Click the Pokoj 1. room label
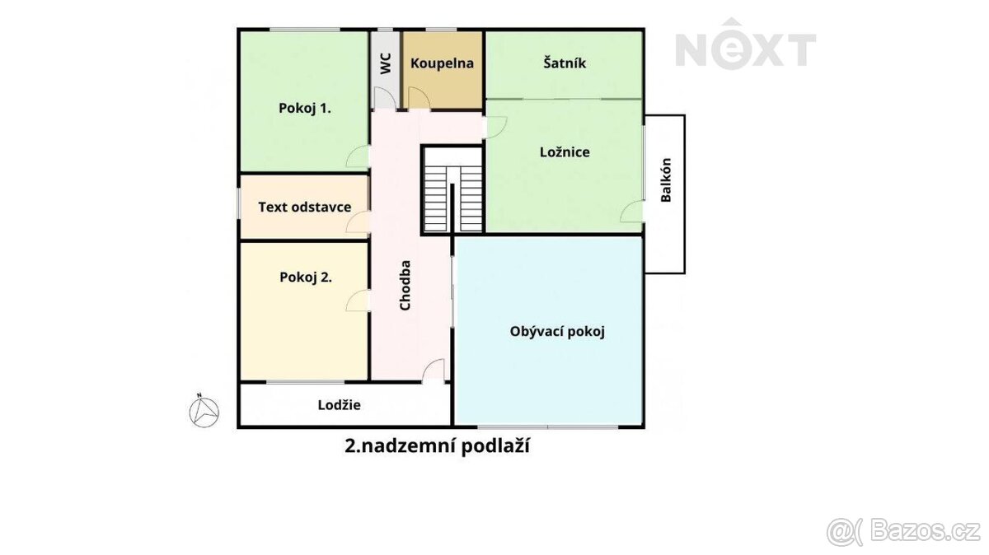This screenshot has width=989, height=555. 305,108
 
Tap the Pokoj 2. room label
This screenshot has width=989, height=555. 306,277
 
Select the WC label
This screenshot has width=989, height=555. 385,64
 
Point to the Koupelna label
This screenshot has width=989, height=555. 443,63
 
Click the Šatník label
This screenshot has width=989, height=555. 565,63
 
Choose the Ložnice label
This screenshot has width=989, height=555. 565,152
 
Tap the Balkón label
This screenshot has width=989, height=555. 666,180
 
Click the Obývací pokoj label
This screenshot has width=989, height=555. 558,332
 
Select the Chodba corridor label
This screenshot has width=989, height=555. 405,286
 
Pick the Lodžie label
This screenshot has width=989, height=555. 340,404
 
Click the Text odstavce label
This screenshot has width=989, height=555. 305,207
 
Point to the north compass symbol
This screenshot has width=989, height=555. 204,410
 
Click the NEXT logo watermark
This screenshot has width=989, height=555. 745,50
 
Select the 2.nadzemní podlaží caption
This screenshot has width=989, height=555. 436,446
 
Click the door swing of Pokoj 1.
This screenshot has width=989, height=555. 359,156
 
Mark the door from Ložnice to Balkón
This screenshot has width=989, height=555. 633,211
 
